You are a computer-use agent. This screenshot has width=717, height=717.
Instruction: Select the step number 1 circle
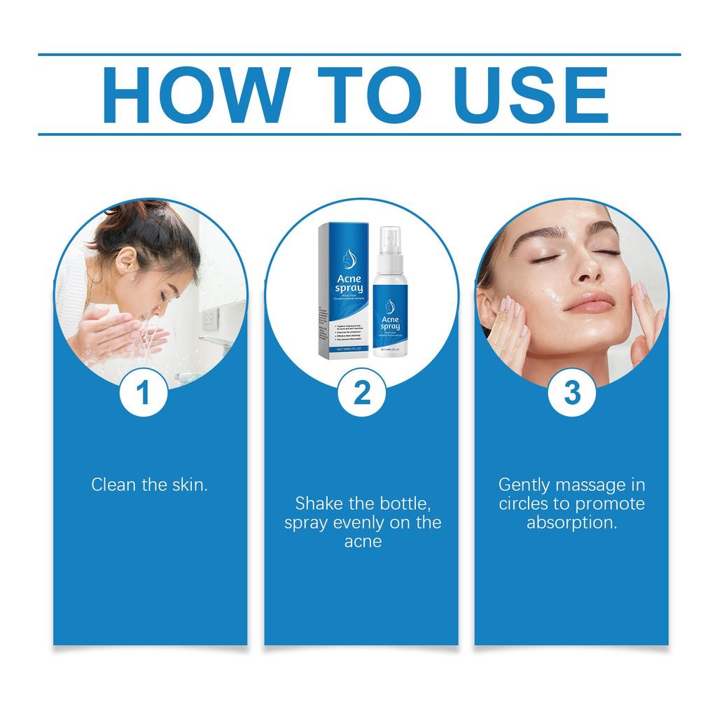point(144,393)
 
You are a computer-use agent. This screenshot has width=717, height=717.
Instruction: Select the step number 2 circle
point(361,393)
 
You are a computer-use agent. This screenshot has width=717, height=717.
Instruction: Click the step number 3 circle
point(572,393)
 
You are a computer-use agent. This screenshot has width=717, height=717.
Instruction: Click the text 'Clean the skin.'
point(149,484)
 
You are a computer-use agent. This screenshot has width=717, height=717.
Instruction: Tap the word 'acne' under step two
point(363,542)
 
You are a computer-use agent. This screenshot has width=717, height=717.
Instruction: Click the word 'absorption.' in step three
point(572,523)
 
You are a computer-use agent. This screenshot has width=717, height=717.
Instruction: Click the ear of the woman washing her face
point(125,260)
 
